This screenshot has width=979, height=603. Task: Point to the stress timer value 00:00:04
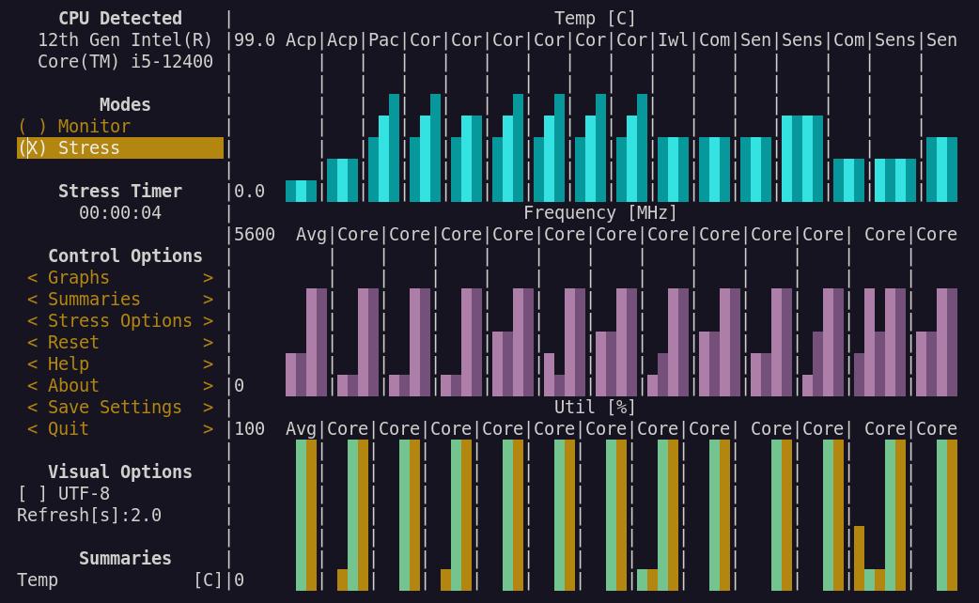coord(120,212)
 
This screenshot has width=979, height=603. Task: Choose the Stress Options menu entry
coord(119,320)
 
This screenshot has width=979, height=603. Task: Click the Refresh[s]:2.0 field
coord(89,515)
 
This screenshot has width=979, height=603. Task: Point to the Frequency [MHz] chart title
coord(600,212)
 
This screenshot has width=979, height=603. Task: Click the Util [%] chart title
coord(595,407)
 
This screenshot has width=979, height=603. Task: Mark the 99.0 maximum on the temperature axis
coord(255,39)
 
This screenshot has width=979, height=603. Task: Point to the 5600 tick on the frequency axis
coord(255,234)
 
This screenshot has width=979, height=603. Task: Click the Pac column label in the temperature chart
coord(384,39)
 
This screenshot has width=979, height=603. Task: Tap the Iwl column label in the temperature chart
coord(674,39)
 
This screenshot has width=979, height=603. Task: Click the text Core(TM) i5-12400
coord(125,61)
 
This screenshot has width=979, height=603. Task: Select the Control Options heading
coord(125,255)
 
